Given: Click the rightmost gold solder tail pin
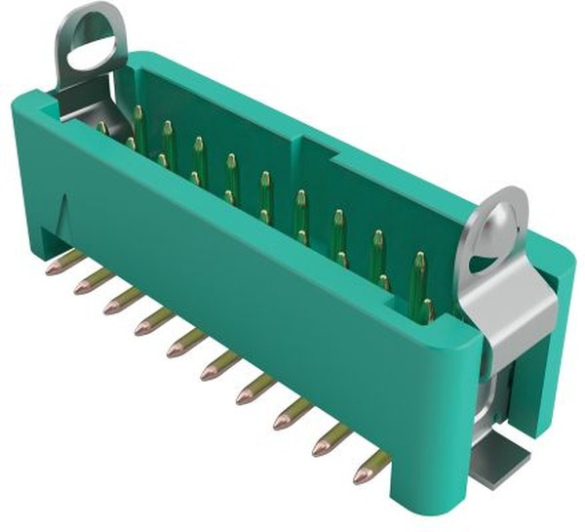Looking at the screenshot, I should [x=370, y=470].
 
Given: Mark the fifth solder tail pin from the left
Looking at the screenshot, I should [x=185, y=343].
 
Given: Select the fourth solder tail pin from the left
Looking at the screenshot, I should [x=154, y=320].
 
